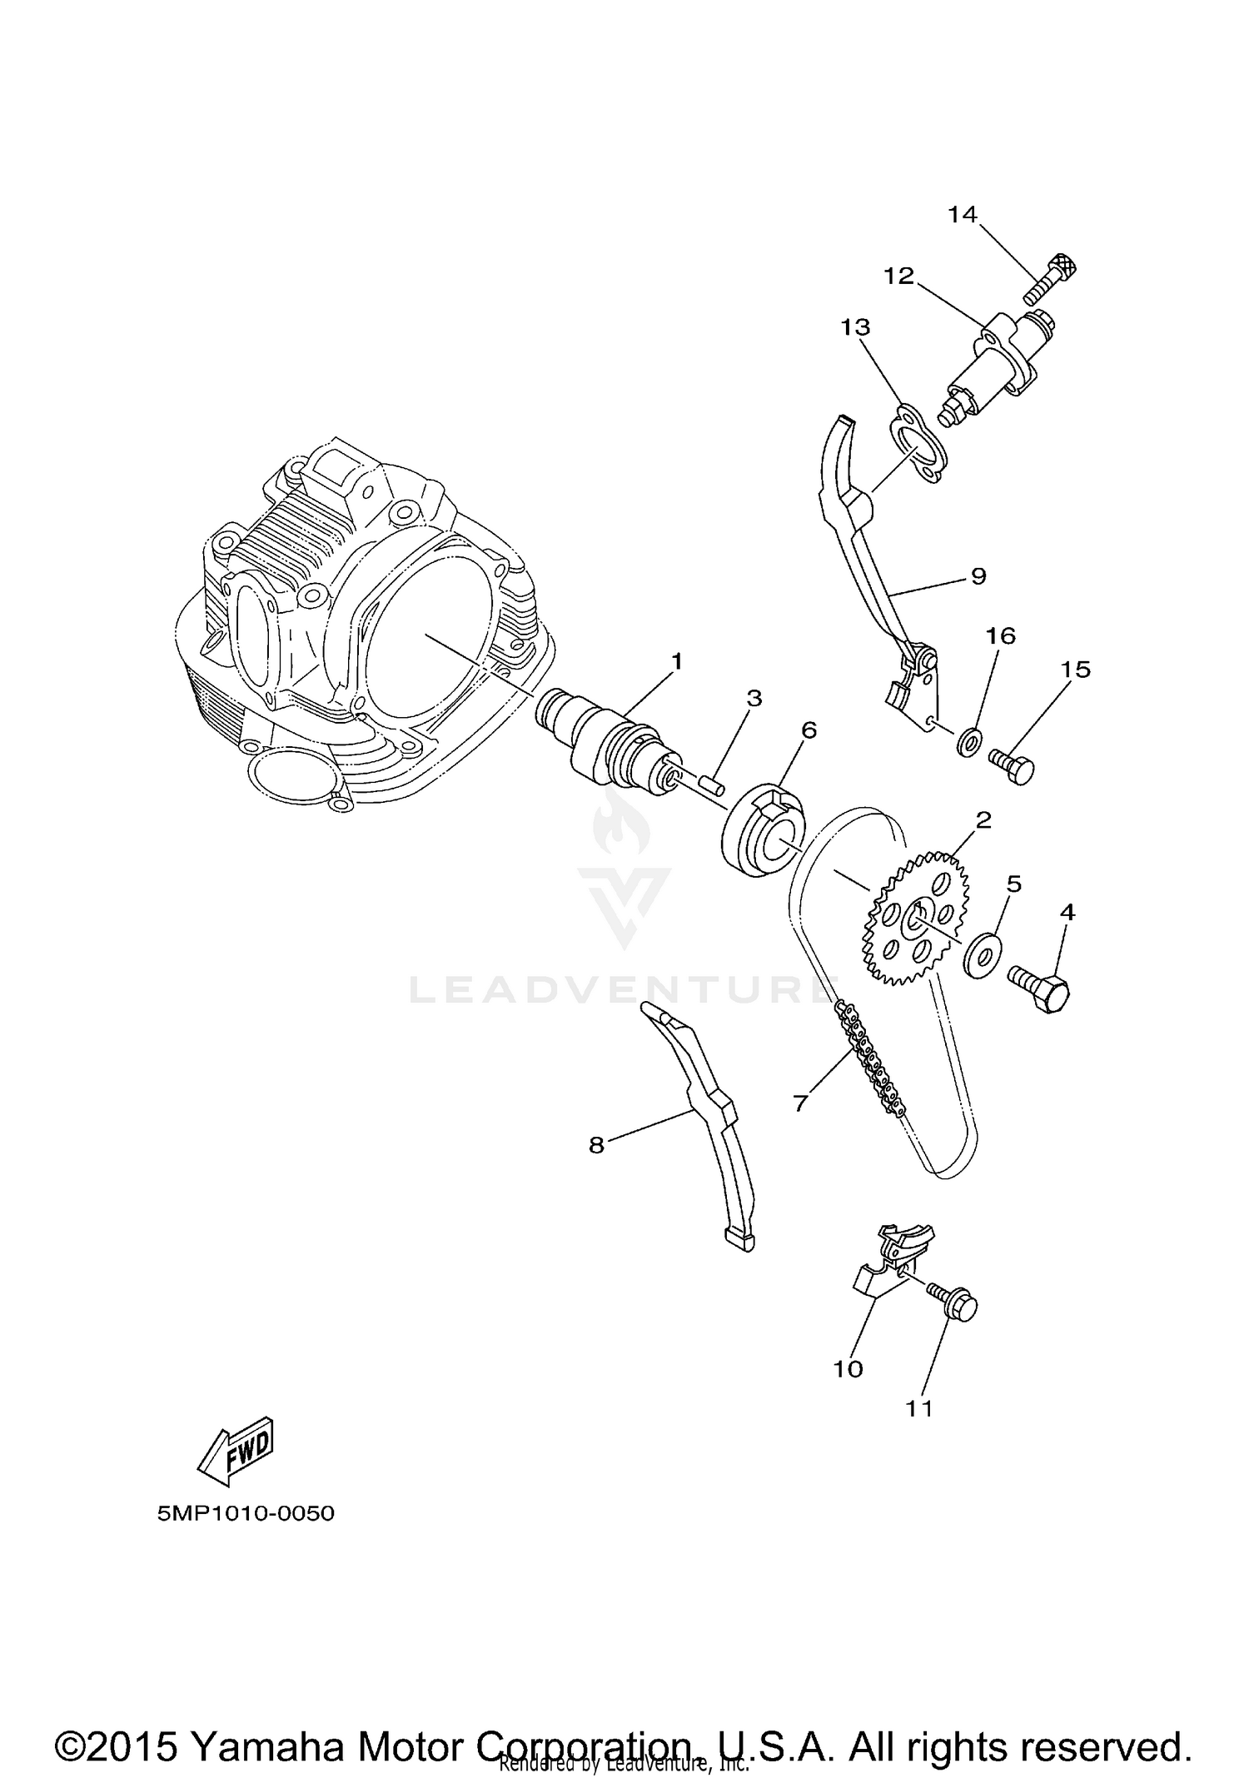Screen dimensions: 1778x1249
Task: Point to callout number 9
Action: [x=978, y=575]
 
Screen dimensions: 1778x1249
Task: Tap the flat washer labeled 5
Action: [x=982, y=955]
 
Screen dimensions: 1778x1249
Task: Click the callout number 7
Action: [x=800, y=1103]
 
